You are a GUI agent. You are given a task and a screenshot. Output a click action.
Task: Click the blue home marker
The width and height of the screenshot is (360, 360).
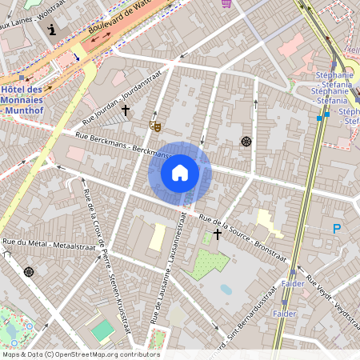click(179, 173)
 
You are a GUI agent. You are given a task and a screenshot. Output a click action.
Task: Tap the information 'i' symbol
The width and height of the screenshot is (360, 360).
click(52, 30)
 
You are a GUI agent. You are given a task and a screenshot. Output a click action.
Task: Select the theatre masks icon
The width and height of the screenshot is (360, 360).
click(154, 126)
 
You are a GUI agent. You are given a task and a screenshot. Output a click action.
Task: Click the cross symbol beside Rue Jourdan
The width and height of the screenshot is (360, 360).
click(126, 110)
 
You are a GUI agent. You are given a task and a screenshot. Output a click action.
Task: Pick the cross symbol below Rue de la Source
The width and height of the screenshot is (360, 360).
click(217, 235)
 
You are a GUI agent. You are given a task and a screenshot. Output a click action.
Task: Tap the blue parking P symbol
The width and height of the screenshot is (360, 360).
click(337, 230)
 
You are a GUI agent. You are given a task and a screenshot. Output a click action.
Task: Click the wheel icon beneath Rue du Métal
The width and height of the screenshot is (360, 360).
click(30, 272)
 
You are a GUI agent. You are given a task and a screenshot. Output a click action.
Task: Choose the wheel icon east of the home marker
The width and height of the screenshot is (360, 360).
click(246, 142)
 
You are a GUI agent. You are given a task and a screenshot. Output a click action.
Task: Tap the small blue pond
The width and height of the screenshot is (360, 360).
click(226, 290)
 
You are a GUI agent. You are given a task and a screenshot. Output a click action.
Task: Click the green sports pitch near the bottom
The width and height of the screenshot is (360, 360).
click(102, 330)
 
